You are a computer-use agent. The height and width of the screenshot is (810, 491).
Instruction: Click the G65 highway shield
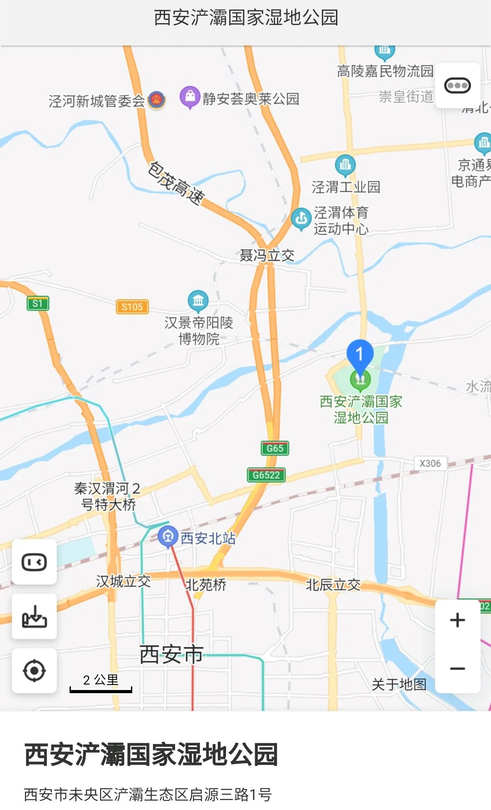(x=275, y=448)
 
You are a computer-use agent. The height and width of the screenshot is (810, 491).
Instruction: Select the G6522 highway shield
(x=266, y=475)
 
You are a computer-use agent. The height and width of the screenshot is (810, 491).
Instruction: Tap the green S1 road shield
(x=38, y=304)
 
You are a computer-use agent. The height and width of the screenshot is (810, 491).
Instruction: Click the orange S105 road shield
(x=132, y=307)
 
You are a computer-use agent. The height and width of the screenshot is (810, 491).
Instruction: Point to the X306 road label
(x=430, y=464)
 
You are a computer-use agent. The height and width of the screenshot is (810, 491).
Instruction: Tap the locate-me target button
(x=34, y=670)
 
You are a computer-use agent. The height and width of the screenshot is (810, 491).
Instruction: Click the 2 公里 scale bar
(x=100, y=684)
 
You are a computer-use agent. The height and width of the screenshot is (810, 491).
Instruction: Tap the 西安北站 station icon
(x=168, y=536)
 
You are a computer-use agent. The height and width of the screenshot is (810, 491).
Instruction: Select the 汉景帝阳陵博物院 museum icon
(x=198, y=300)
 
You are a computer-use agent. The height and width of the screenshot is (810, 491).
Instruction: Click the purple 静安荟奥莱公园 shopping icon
(x=190, y=97)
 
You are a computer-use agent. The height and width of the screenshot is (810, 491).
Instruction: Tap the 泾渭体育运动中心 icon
(x=301, y=219)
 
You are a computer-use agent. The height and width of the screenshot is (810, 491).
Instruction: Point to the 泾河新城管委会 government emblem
(x=157, y=100)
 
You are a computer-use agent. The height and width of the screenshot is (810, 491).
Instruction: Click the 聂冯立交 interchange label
(x=267, y=255)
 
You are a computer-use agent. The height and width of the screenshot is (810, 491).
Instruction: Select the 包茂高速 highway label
(x=176, y=184)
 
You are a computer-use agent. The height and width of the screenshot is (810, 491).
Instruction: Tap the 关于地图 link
(x=399, y=684)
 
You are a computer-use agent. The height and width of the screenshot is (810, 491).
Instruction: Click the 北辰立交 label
(x=333, y=585)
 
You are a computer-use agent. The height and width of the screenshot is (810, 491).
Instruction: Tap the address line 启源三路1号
(x=148, y=794)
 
